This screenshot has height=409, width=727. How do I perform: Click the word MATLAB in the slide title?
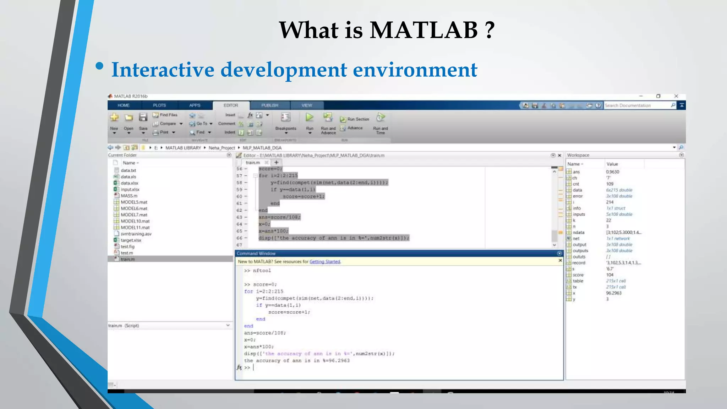coord(423,30)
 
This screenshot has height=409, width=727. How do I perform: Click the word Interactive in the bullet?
coord(163,70)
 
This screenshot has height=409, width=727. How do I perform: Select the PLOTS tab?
coord(159,105)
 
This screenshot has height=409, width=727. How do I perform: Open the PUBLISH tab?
coord(270,105)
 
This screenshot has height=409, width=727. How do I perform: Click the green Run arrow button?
coord(310,118)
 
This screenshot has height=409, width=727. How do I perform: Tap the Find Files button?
coord(165,115)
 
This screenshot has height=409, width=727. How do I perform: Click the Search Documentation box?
coord(635,105)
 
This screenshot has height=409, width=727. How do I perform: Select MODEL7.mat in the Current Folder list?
coord(134,215)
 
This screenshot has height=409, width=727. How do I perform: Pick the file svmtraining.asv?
coord(136,234)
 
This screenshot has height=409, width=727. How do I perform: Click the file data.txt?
coord(128,170)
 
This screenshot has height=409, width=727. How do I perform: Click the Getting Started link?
coord(325,262)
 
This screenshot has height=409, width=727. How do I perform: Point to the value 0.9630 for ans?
coord(612,172)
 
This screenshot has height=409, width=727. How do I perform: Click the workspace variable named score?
coord(578,275)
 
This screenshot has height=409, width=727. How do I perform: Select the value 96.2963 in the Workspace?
coord(613,293)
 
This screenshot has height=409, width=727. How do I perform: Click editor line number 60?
coord(239,196)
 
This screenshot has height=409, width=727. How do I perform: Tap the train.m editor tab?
coord(253,163)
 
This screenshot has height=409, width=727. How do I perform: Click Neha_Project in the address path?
coord(222,148)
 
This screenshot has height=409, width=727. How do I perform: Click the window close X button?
coord(676,96)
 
